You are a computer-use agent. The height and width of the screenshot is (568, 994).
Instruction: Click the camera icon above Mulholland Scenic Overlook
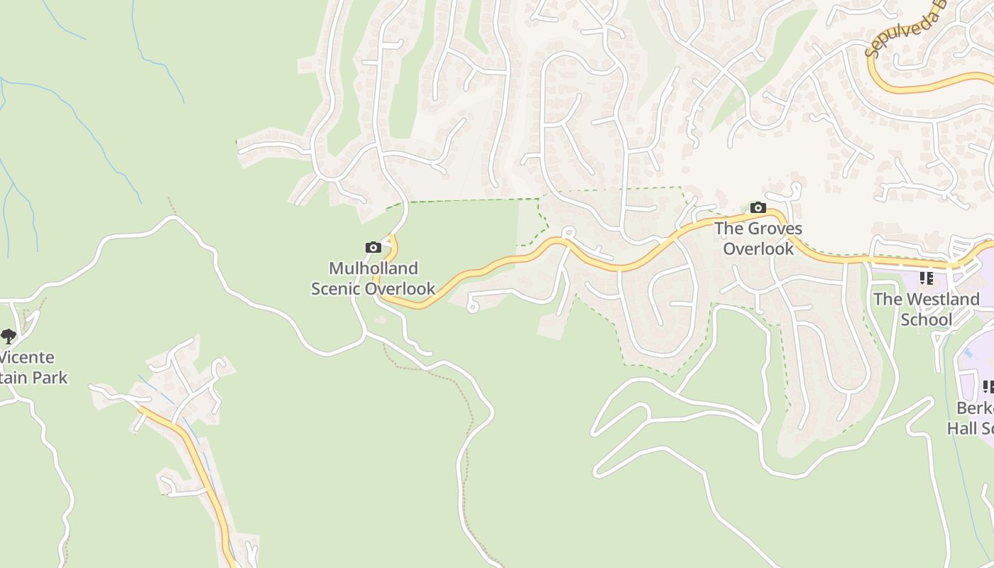pos(373,248)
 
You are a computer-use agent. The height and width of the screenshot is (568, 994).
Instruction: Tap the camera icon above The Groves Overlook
pos(758,208)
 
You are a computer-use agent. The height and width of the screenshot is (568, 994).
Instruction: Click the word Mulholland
pos(373,268)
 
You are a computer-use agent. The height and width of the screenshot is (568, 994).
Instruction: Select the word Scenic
pos(337,289)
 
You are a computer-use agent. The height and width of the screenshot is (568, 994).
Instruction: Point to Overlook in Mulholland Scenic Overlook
pos(402,289)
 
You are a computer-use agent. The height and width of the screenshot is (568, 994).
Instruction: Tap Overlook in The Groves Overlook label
pos(758,249)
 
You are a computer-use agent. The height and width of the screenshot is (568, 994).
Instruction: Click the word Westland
pos(943,300)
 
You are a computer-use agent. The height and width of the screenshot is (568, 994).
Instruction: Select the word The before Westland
pos(887,300)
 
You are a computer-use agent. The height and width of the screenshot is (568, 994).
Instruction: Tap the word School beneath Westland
pos(927,320)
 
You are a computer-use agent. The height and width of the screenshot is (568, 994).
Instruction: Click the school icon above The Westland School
pos(927,278)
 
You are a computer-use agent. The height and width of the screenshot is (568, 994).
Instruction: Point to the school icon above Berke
pos(988,387)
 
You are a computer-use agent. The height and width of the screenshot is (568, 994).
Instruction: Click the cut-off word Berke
pos(975,408)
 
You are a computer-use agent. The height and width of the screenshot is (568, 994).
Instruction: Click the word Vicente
pos(27,357)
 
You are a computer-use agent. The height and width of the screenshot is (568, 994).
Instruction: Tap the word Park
pos(50,378)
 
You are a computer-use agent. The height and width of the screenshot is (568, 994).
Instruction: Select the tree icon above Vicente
pos(9,336)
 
